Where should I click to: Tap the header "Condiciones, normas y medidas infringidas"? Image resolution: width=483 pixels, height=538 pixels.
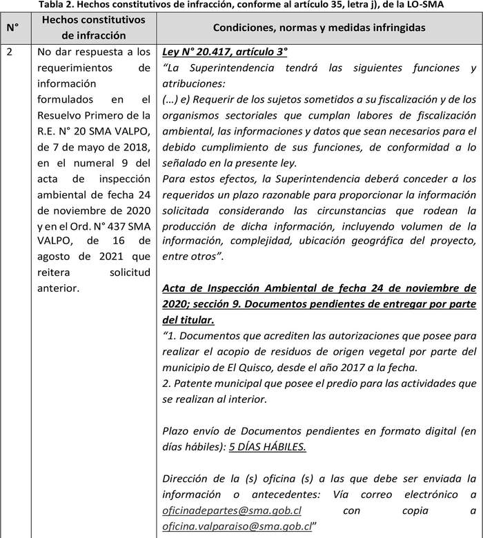point(319,28)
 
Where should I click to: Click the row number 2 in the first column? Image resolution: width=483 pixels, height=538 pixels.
point(9,52)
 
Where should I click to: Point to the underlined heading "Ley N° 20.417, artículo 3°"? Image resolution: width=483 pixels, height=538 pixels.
point(224,52)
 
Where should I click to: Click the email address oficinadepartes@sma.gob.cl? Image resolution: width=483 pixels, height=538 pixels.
point(232,511)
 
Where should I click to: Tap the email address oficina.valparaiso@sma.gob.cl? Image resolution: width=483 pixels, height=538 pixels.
point(237,526)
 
